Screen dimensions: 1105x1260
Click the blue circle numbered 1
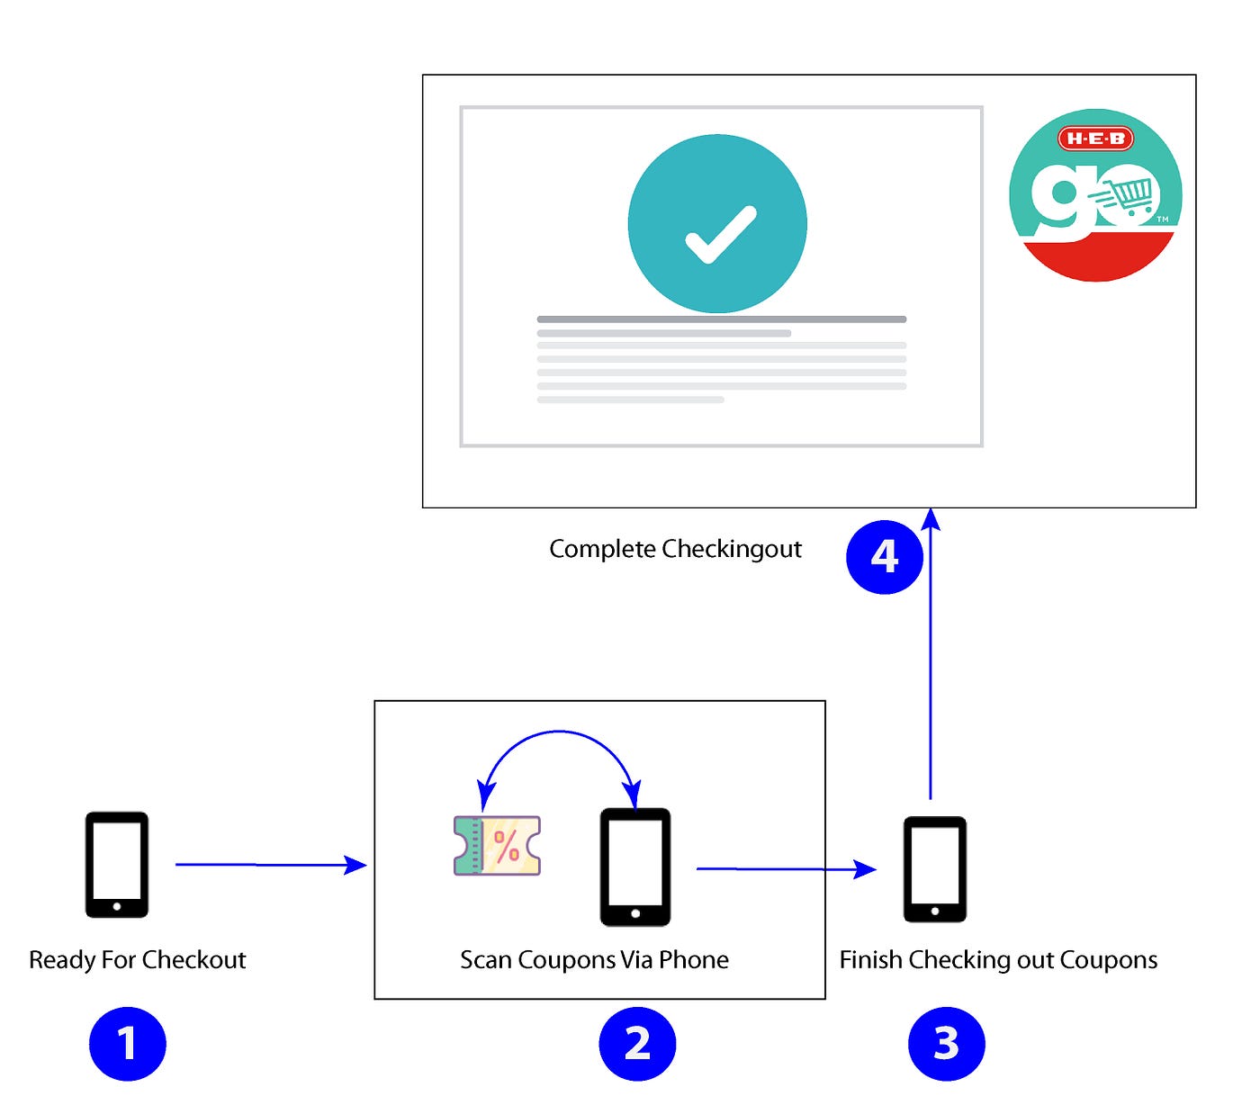(x=128, y=1043)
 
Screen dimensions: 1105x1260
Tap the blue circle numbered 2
(x=637, y=1043)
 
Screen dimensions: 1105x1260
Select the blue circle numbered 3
(x=946, y=1043)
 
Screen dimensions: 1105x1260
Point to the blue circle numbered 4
(x=885, y=556)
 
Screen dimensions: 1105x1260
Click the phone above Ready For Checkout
(x=117, y=865)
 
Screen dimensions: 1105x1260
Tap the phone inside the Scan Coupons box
(x=635, y=867)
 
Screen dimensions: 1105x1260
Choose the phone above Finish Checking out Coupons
(x=935, y=868)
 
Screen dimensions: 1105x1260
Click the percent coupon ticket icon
(x=497, y=846)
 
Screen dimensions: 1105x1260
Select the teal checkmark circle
(x=717, y=224)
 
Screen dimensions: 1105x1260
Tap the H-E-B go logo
(x=1094, y=195)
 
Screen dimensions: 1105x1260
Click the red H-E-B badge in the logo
(x=1094, y=139)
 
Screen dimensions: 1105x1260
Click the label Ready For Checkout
(x=138, y=960)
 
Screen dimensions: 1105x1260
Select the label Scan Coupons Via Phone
(x=594, y=960)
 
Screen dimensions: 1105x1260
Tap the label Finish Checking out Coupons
(x=998, y=960)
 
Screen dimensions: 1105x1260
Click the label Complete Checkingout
(x=675, y=549)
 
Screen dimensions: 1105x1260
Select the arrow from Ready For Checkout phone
(x=270, y=865)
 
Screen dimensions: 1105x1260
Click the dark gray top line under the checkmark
(x=721, y=319)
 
